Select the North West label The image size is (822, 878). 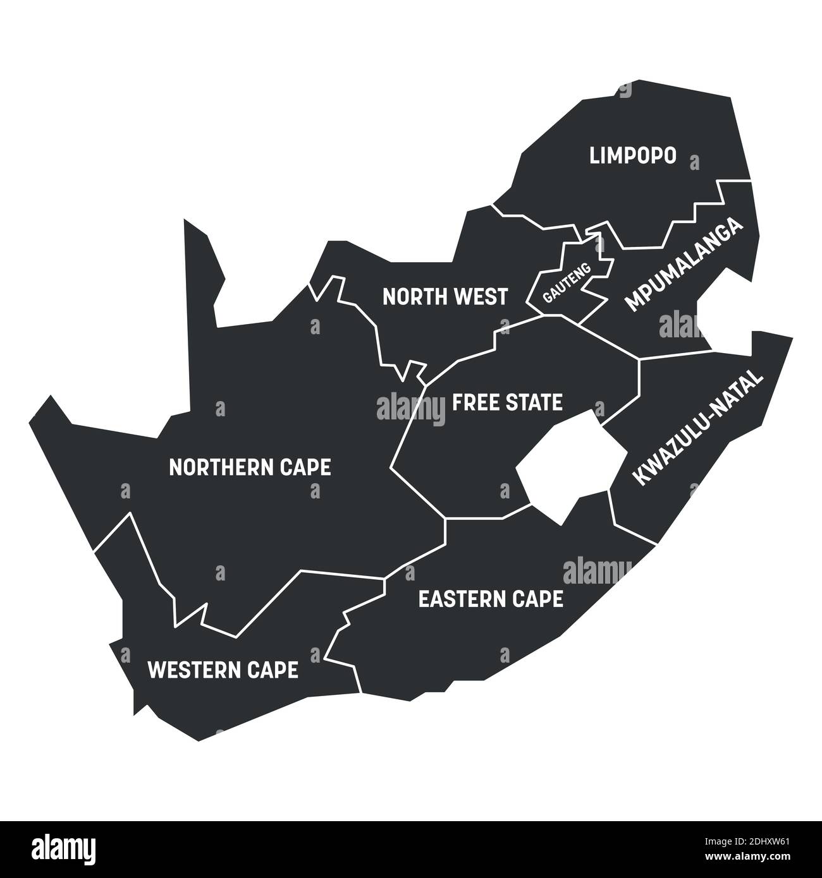(445, 296)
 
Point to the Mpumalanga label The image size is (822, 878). (685, 265)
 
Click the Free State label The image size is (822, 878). (507, 402)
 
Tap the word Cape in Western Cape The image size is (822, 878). (273, 670)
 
